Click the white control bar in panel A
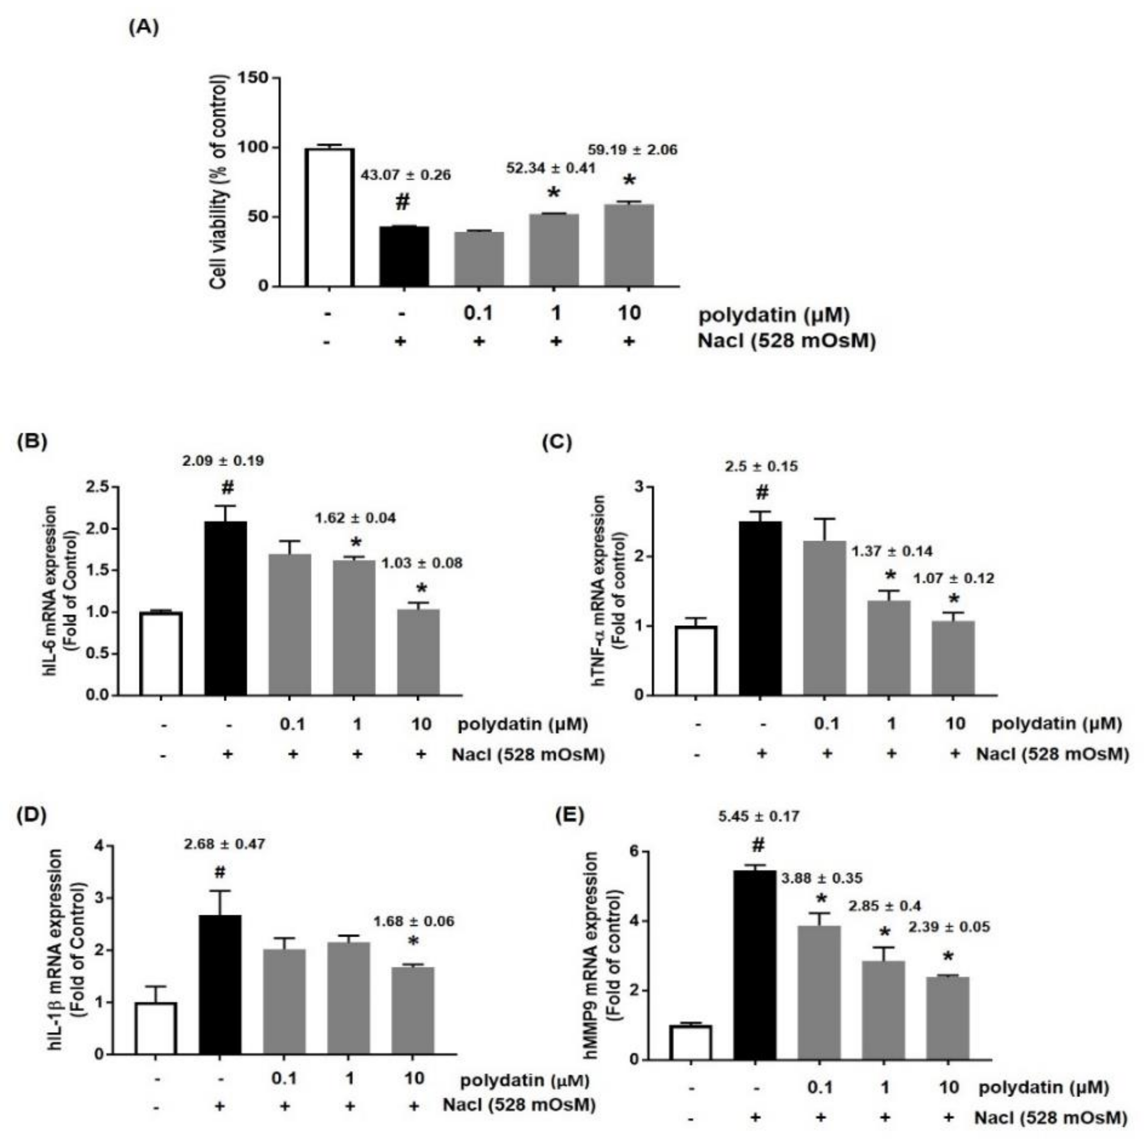click(x=330, y=217)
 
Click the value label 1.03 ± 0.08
click(x=421, y=563)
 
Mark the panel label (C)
click(x=557, y=443)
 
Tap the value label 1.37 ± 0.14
click(x=892, y=551)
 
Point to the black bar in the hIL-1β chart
click(x=220, y=984)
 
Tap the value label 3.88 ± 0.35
click(x=822, y=878)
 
